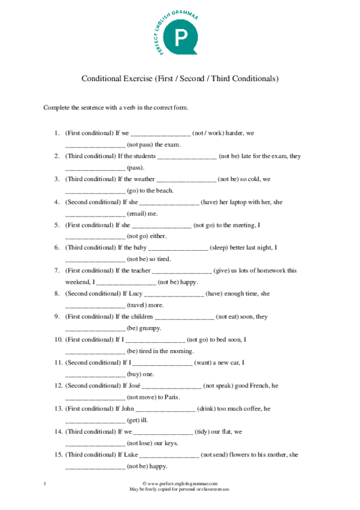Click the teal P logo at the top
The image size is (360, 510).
(x=180, y=38)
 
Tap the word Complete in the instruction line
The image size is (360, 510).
(x=56, y=108)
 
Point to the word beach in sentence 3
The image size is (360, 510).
(x=165, y=191)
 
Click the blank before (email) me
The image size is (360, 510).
(x=95, y=215)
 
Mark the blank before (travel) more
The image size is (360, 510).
(x=95, y=306)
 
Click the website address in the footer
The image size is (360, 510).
(x=180, y=484)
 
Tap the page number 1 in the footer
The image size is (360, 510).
(x=44, y=484)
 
